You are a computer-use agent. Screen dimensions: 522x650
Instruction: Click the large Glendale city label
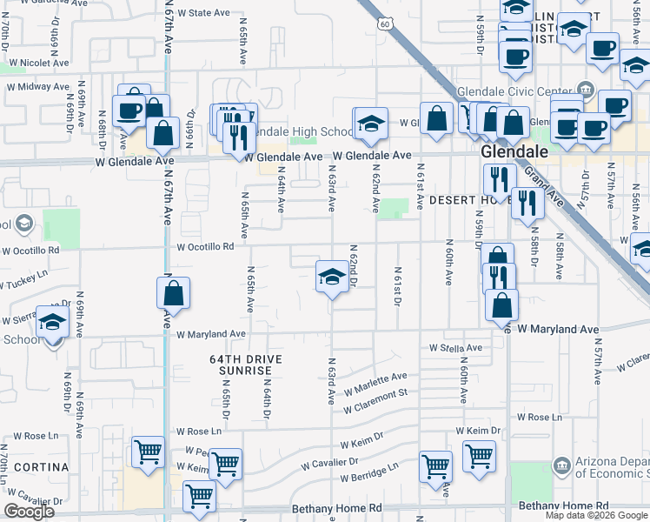pyautogui.click(x=514, y=152)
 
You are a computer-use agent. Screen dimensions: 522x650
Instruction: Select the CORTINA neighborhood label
pyautogui.click(x=40, y=467)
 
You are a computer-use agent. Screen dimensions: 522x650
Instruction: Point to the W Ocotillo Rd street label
pyautogui.click(x=206, y=247)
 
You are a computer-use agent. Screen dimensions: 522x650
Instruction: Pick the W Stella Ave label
pyautogui.click(x=455, y=348)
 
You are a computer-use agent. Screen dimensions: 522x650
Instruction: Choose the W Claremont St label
pyautogui.click(x=375, y=402)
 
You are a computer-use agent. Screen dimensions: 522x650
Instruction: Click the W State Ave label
pyautogui.click(x=202, y=13)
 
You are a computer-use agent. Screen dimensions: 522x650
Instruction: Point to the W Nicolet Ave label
pyautogui.click(x=36, y=63)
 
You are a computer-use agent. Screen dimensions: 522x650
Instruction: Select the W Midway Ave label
pyautogui.click(x=37, y=86)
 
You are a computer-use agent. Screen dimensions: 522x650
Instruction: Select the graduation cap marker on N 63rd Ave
pyautogui.click(x=330, y=278)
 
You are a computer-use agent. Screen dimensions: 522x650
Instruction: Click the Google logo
pyautogui.click(x=30, y=512)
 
